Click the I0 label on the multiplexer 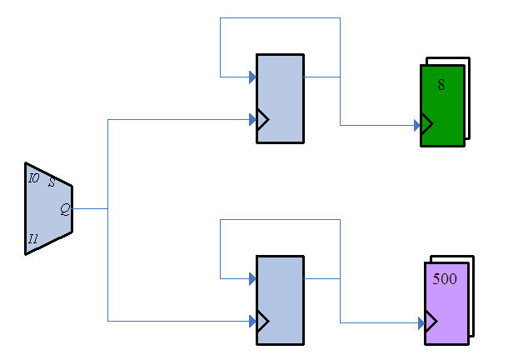tap(33, 178)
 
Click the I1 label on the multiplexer tap(33, 239)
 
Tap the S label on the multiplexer tap(52, 182)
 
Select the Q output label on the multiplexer tap(64, 209)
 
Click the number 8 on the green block tap(441, 84)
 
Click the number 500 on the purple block tap(445, 279)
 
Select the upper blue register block tap(280, 98)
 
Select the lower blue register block tap(280, 300)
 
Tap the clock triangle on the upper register tap(262, 120)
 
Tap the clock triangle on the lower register tap(262, 321)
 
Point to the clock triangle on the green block tap(427, 126)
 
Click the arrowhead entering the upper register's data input tap(252, 77)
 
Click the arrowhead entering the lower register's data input tap(252, 278)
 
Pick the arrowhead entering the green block tap(416, 126)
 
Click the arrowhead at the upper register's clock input tap(252, 120)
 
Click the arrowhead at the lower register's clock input tap(252, 321)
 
